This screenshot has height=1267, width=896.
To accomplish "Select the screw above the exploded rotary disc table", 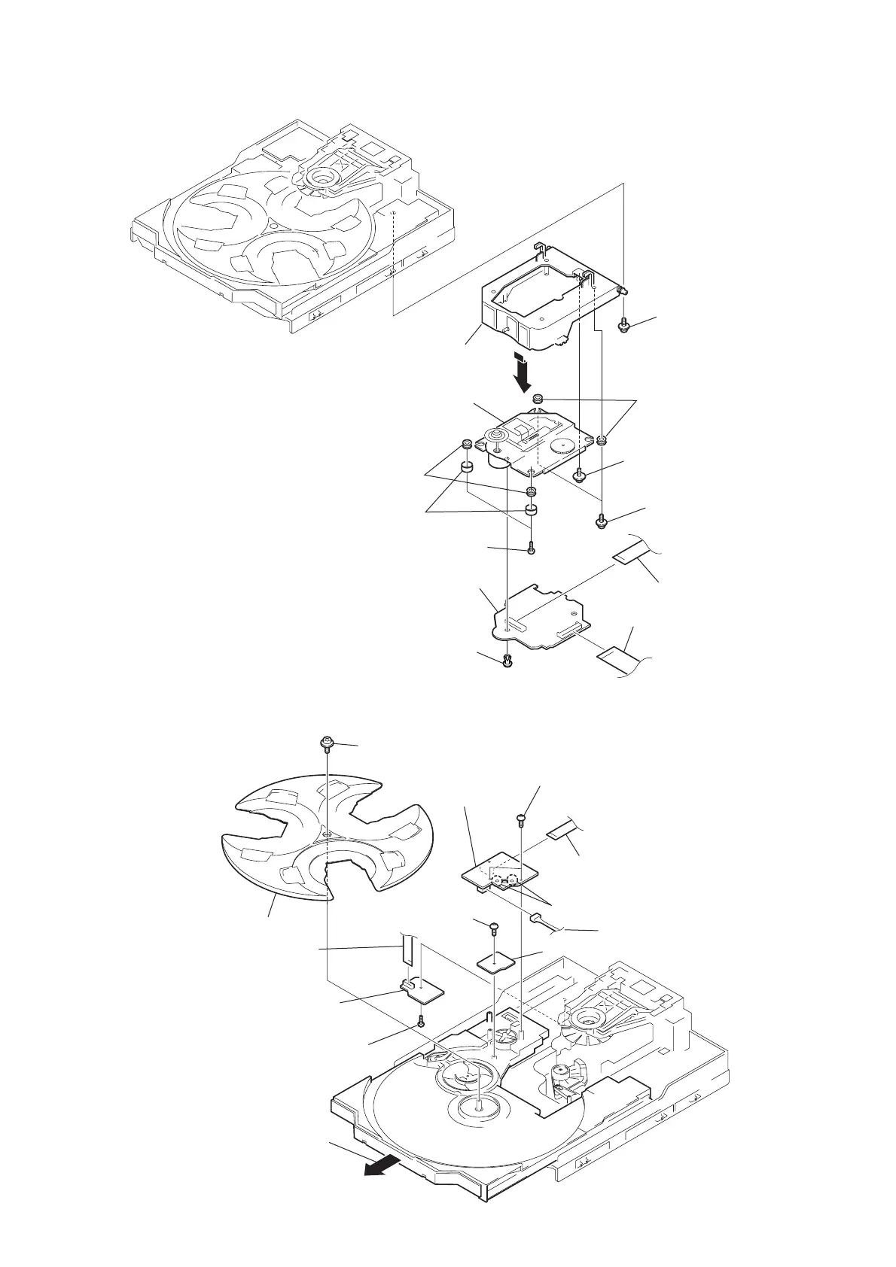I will pos(326,743).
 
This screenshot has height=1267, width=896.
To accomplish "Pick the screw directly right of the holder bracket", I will pos(623,327).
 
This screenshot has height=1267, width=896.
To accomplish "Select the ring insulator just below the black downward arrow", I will pos(538,398).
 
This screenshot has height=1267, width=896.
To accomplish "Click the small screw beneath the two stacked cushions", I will pos(532,548).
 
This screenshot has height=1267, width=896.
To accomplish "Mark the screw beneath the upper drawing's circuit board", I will pos(507,661).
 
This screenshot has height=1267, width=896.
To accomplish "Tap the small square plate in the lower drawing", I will pos(497,961).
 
